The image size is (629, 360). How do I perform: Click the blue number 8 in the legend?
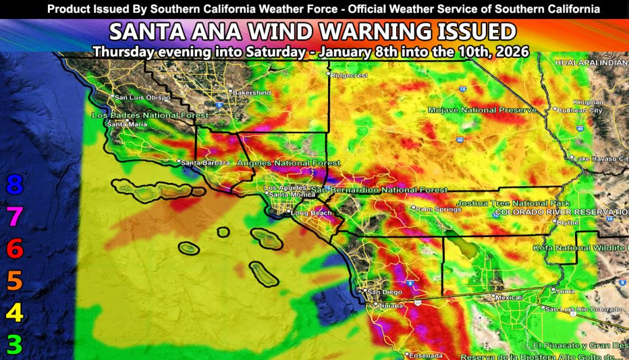coord(14,184)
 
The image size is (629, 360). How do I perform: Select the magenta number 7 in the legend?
coord(14,216)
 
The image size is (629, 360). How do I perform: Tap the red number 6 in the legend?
coord(14,249)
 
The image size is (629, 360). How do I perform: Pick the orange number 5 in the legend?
coord(14,281)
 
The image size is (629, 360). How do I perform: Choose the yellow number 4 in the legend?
coord(14,313)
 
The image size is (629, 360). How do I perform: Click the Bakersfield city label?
coord(252,93)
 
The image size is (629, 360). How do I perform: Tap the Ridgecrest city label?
coord(348,76)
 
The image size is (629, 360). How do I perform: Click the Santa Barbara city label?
coord(206,163)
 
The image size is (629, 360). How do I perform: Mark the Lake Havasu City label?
coord(600,158)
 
